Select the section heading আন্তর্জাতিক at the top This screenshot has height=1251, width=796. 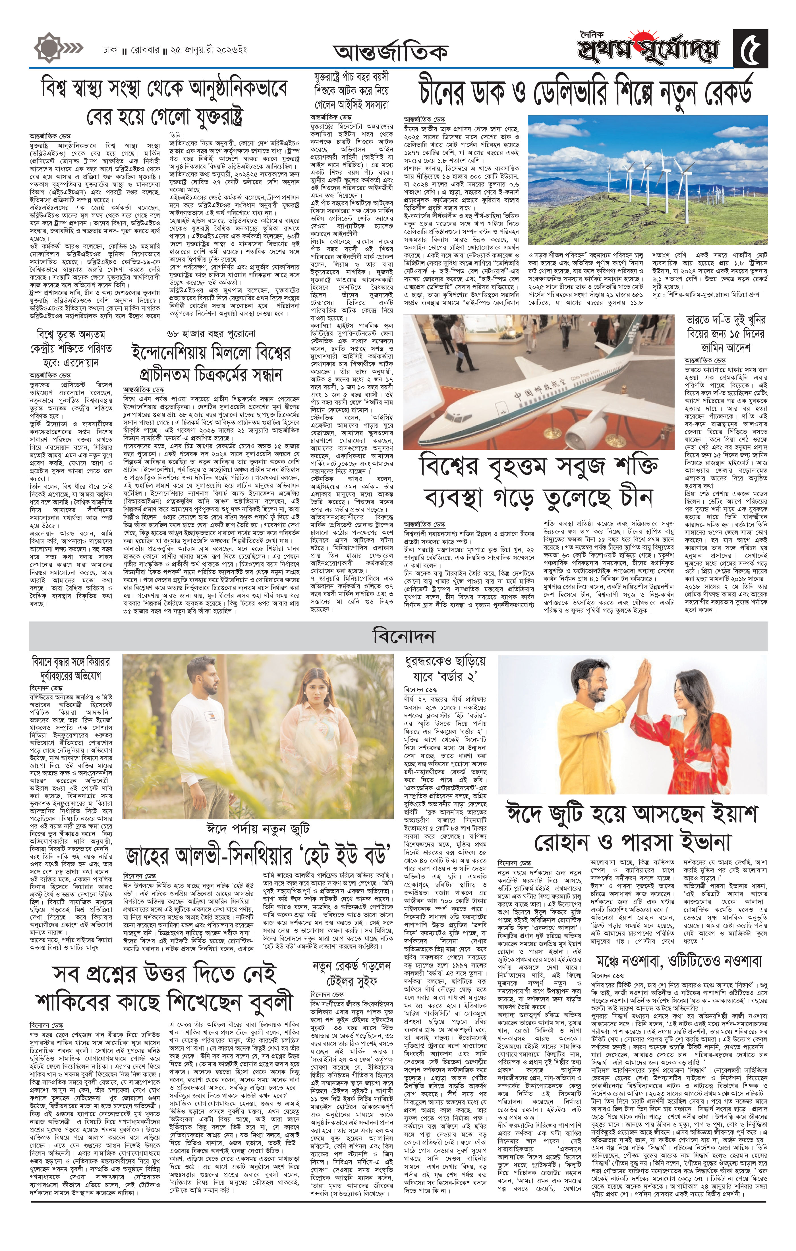click(x=391, y=52)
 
